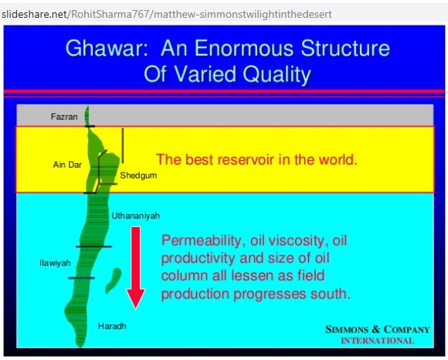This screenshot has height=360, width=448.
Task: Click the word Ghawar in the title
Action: (107, 48)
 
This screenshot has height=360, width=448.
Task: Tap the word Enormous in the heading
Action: (246, 48)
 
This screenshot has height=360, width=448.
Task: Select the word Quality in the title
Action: (277, 75)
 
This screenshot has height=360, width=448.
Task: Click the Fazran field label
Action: (64, 117)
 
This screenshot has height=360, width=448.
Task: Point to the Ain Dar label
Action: (67, 165)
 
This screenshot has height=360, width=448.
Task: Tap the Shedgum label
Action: (138, 175)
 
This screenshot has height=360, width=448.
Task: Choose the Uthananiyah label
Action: (136, 216)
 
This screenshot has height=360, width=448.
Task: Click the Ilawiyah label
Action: (55, 263)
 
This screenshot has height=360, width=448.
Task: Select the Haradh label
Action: (112, 326)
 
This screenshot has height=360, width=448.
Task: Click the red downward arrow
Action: (136, 268)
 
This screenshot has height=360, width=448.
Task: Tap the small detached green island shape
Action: (113, 280)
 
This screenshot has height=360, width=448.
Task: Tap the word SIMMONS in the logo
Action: (347, 329)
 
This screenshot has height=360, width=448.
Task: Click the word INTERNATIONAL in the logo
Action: (378, 341)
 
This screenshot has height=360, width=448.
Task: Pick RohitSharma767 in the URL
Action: (110, 14)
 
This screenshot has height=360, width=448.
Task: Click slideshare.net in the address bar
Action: (34, 14)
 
